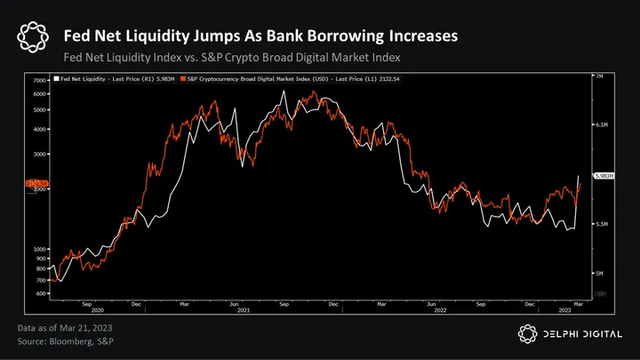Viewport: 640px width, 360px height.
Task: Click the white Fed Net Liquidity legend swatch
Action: click(x=56, y=79)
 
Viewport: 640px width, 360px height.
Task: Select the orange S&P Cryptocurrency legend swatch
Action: click(x=181, y=79)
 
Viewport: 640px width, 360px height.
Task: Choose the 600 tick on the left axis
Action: click(x=41, y=292)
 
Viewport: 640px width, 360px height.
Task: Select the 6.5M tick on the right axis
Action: click(x=601, y=126)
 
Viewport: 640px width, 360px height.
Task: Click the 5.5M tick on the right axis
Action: click(x=601, y=224)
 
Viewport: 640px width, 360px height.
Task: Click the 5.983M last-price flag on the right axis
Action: click(x=602, y=177)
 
